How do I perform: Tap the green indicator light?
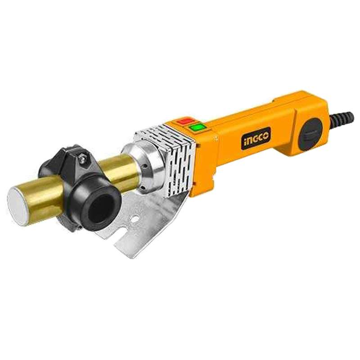(196, 127)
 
